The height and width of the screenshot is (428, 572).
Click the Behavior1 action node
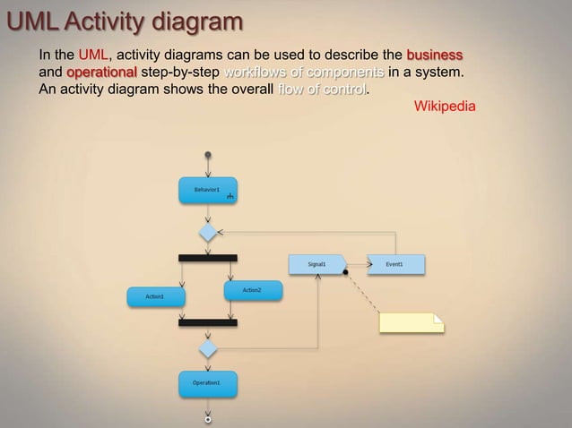point(207,190)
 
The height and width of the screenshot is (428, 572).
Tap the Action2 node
point(252,290)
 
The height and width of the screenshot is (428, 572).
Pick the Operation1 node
point(207,383)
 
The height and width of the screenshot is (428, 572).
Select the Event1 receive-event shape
point(395,264)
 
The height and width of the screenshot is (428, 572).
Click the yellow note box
point(412,322)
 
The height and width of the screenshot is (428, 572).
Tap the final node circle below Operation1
point(208,418)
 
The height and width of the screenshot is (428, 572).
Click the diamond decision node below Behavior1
point(208,233)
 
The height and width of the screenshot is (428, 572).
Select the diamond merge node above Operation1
point(208,347)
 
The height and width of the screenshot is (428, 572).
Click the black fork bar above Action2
point(208,258)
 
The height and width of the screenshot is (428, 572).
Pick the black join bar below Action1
point(208,322)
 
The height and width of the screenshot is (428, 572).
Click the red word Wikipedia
point(444,107)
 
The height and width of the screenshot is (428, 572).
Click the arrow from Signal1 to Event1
point(358,264)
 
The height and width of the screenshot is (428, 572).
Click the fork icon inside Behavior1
point(230,196)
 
